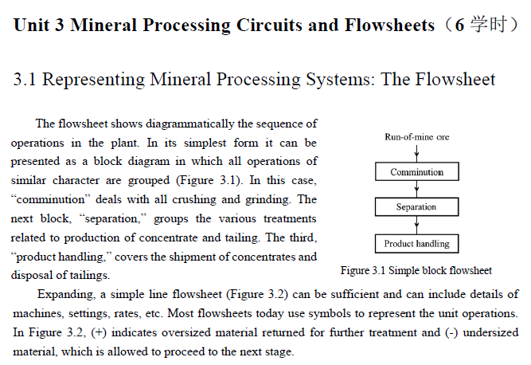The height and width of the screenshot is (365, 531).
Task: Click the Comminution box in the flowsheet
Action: coord(416,172)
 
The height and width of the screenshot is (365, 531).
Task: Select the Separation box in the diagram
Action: coord(416,207)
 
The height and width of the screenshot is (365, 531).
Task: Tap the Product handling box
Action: coord(416,244)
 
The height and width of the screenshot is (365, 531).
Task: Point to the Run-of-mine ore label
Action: coord(416,137)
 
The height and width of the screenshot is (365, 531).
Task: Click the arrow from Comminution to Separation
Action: coord(416,190)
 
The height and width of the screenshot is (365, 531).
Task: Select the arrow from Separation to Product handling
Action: coord(416,225)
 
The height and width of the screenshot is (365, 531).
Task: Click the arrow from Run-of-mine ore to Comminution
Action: coord(416,154)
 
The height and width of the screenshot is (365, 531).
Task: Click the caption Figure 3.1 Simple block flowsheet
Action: coord(416,270)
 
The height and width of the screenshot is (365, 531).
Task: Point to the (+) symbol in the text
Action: coord(100,332)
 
